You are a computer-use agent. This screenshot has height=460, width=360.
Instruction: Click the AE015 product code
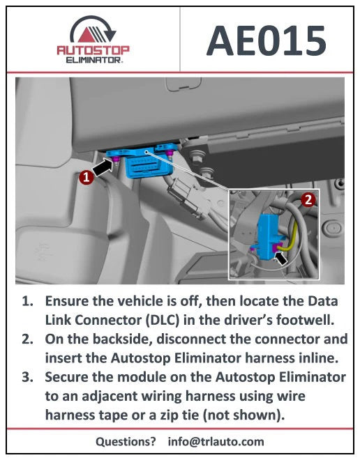(267, 41)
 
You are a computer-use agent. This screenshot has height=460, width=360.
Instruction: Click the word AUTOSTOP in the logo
(93, 51)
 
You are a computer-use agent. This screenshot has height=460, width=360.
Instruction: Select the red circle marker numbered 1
(85, 178)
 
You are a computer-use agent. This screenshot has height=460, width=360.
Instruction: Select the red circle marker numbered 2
(308, 199)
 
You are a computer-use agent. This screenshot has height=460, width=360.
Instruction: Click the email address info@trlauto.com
(216, 441)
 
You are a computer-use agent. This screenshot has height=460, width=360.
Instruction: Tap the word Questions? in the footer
(126, 441)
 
